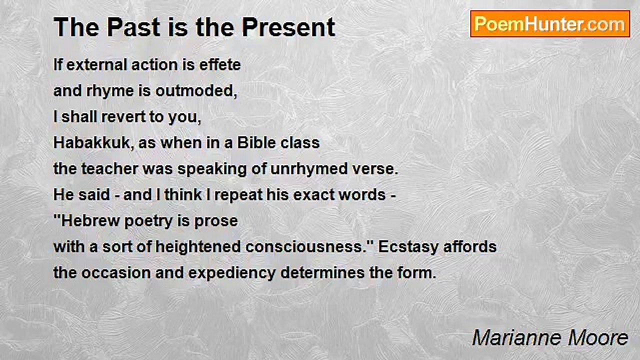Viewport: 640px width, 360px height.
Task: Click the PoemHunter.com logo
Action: pos(550,24)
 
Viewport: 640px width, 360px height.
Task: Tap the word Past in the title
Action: pos(133,27)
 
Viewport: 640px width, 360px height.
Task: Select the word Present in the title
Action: pos(288,27)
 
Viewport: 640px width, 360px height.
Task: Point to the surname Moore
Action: pos(598,338)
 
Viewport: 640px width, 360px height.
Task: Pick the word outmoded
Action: pos(196,91)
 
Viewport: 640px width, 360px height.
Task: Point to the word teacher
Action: pos(109,168)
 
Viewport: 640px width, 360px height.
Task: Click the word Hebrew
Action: pos(90,221)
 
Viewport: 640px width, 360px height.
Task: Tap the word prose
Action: pos(216,221)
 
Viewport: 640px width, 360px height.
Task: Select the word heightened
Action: pos(198,247)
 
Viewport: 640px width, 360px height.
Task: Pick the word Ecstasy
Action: pos(408,247)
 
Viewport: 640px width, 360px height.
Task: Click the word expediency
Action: pos(232,273)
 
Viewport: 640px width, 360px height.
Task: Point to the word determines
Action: pos(322,273)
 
